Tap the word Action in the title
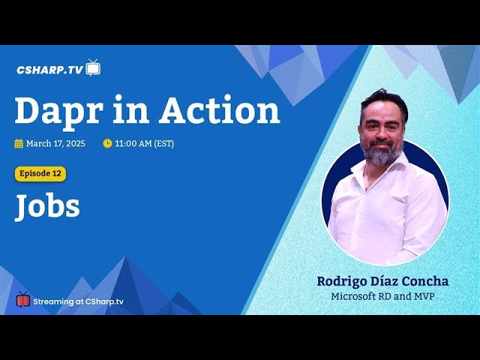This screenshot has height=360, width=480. click(x=220, y=109)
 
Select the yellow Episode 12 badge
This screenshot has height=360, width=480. click(x=40, y=173)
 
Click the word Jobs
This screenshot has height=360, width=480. click(x=47, y=206)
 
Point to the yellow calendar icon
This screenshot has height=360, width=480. click(x=19, y=143)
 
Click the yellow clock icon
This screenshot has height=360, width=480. click(x=107, y=143)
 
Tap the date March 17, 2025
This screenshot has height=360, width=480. click(x=55, y=143)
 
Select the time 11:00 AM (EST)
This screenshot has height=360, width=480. click(x=145, y=143)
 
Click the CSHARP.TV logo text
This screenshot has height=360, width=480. click(x=50, y=70)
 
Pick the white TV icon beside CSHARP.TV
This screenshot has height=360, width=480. click(x=93, y=67)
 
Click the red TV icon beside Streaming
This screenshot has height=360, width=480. click(x=23, y=299)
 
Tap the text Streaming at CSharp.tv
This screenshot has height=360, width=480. click(x=78, y=301)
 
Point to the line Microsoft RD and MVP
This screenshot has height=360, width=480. click(x=382, y=296)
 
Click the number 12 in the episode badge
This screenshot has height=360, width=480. click(x=57, y=173)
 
